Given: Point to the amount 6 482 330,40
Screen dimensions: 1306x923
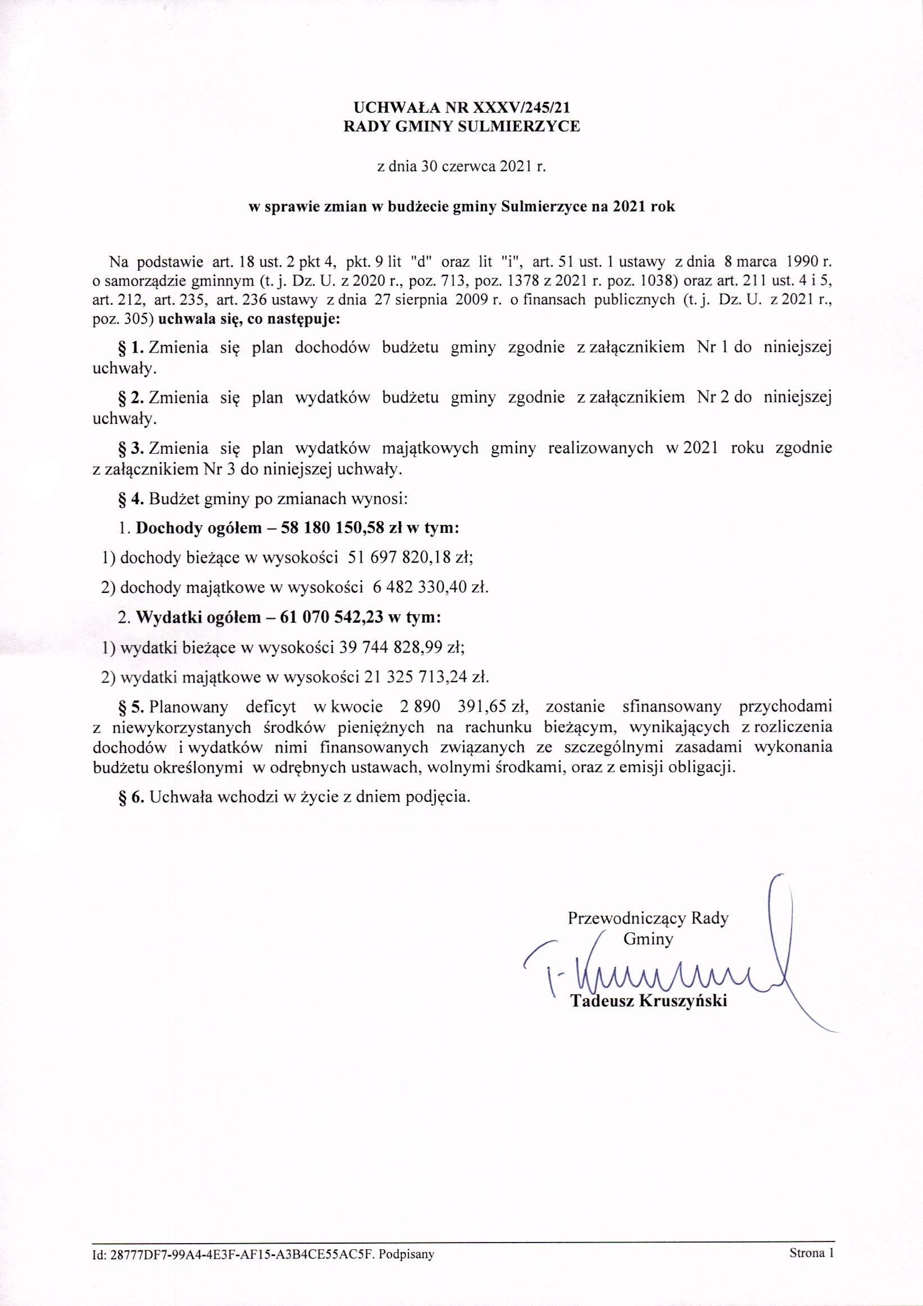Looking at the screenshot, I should point(418,587).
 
